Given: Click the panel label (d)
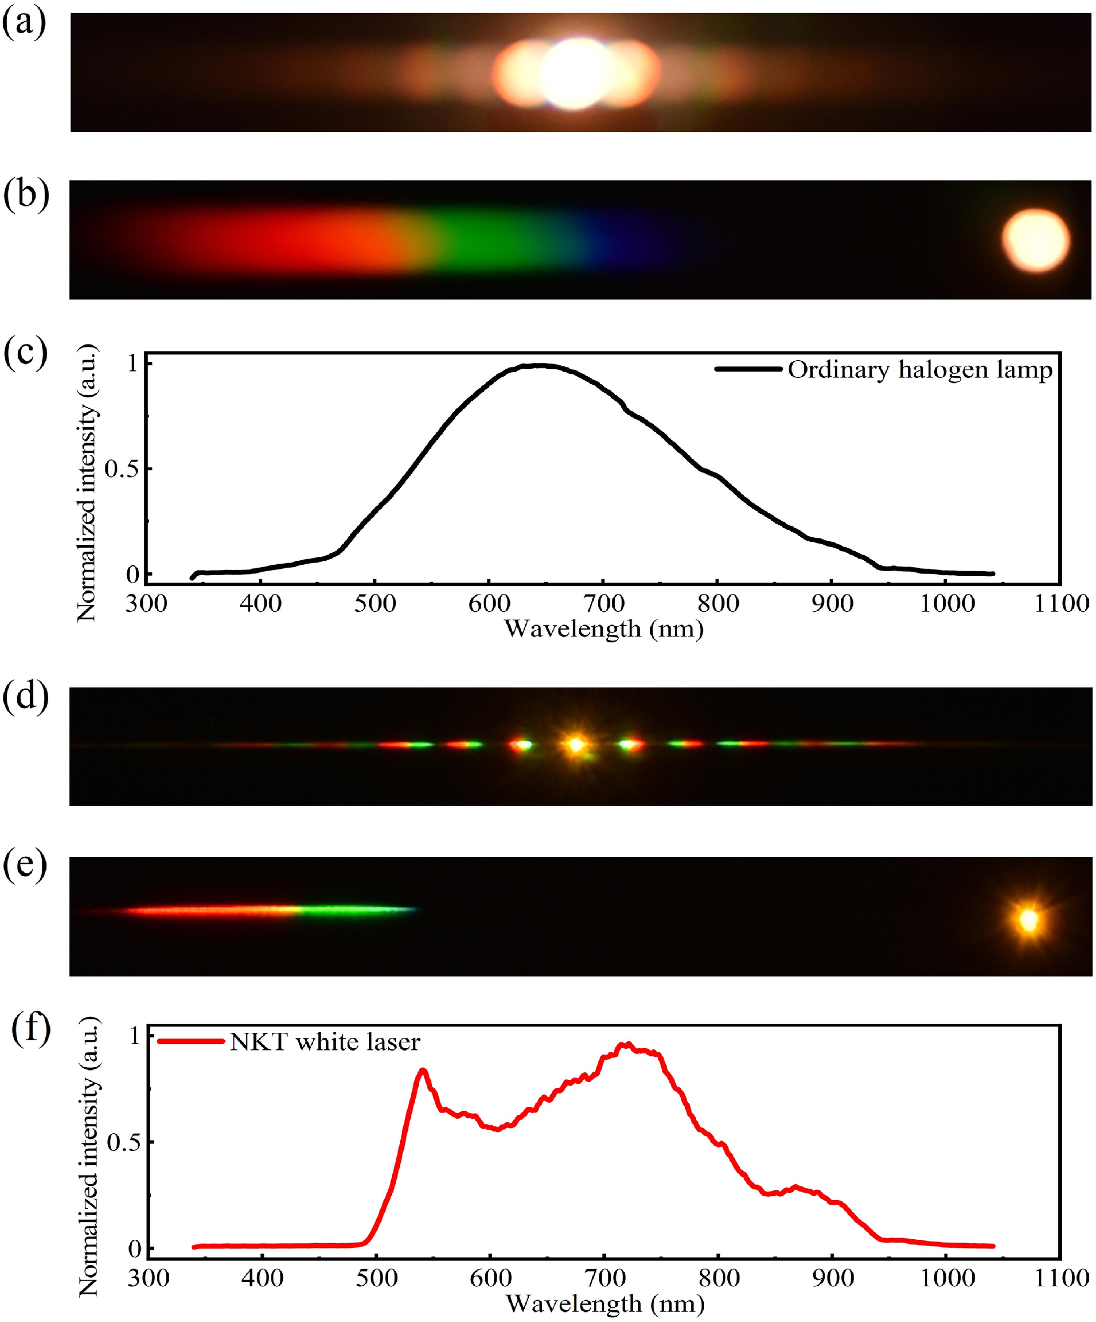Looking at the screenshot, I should tap(25, 697).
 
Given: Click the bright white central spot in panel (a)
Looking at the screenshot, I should tap(574, 74).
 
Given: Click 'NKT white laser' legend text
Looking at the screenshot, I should tap(324, 1042).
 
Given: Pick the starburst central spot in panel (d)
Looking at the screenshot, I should tap(575, 745).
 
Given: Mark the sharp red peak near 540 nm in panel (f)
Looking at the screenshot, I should tap(423, 1070).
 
